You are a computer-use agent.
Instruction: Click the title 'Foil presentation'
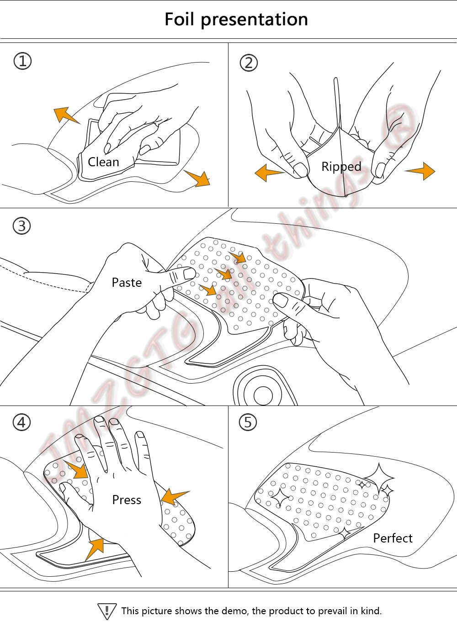[236, 20]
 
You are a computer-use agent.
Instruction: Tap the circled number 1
[22, 61]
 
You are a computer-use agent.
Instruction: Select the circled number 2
[249, 63]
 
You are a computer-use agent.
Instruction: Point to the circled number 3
[21, 226]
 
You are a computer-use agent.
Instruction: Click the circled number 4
[21, 422]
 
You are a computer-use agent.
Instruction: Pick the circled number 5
[248, 422]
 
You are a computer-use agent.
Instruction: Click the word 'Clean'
[103, 162]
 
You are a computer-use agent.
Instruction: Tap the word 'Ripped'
[341, 167]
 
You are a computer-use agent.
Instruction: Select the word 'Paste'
[127, 283]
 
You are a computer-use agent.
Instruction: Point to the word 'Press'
[127, 500]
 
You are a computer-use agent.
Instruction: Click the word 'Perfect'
[393, 538]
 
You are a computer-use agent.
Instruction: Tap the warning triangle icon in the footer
[107, 611]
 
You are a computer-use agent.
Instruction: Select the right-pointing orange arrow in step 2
[421, 171]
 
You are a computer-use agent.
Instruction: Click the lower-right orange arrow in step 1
[199, 178]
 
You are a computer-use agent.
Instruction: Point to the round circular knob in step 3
[263, 395]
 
